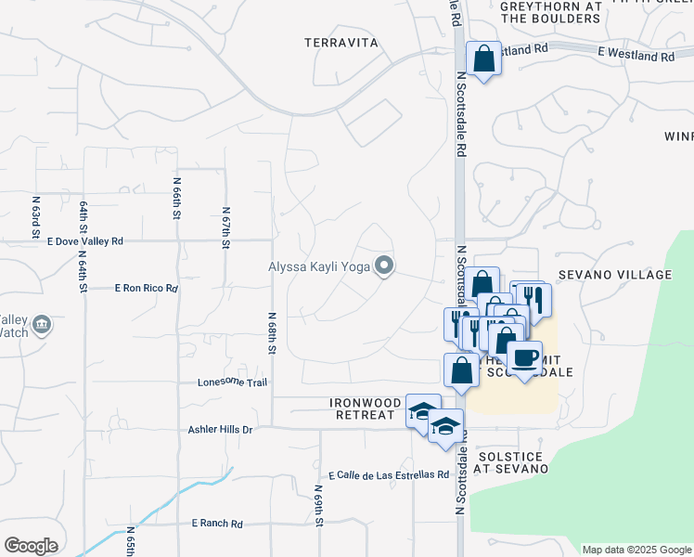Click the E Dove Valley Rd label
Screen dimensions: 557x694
(85, 240)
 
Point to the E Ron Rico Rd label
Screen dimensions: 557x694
(146, 289)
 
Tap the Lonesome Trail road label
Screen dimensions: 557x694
(232, 382)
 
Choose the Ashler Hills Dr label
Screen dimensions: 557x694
(220, 430)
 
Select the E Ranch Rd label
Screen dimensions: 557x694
(217, 524)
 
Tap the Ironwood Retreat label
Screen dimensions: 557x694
(364, 408)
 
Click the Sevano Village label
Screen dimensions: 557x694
(615, 275)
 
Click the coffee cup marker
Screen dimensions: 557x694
(525, 356)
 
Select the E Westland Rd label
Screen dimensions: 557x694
(636, 56)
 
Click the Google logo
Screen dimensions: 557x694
(31, 546)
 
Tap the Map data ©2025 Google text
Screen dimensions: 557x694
(636, 550)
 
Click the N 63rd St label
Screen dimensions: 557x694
(36, 214)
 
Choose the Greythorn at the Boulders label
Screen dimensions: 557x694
(551, 11)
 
